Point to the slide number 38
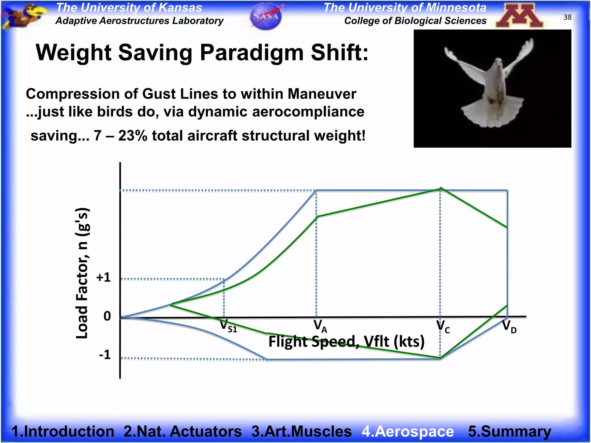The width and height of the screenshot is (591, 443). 567,17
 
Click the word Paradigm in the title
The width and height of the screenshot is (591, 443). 251,53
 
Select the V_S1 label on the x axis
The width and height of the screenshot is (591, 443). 228,326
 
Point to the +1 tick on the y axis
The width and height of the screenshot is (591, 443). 103,277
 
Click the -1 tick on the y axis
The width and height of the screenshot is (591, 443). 104,354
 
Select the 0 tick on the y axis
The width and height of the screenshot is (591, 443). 107,316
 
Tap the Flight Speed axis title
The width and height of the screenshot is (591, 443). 346,342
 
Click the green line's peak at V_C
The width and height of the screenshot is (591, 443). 440,189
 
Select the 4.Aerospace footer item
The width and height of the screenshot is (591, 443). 408,431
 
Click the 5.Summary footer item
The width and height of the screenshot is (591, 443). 509,431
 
